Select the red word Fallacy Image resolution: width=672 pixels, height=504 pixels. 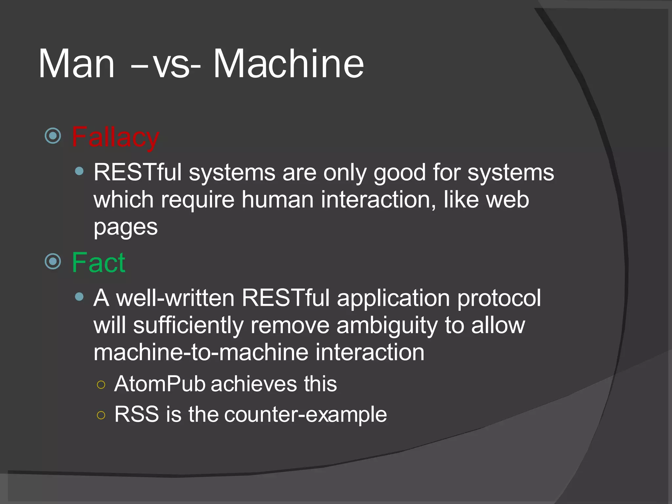point(115,137)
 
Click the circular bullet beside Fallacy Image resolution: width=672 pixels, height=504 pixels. point(53,136)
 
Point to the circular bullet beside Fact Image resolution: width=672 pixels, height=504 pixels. point(53,262)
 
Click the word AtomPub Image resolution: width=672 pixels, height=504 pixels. point(159,384)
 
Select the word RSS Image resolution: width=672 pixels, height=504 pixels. point(136,414)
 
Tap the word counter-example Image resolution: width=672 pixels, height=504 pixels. point(305,415)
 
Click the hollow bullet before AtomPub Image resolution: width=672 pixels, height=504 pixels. point(101,385)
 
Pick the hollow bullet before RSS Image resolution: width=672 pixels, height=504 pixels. point(101,415)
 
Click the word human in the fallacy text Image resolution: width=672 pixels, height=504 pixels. point(278,200)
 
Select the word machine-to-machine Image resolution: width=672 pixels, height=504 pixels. point(200,352)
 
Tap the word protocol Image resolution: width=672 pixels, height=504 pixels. point(499,299)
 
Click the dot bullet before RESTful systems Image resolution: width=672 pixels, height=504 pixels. point(79,171)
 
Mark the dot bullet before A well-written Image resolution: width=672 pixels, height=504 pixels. point(79,297)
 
